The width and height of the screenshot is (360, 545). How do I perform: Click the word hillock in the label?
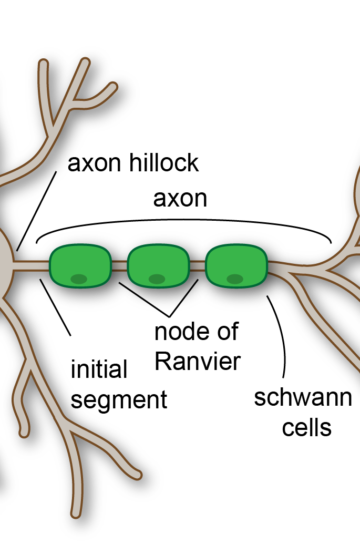click(x=164, y=163)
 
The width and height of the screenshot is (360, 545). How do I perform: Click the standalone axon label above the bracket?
click(x=180, y=199)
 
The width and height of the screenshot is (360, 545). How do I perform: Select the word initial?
click(x=99, y=369)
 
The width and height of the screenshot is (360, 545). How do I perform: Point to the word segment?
click(x=119, y=399)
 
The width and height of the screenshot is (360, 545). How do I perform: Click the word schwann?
click(x=303, y=397)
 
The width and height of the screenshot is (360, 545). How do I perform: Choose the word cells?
click(x=307, y=427)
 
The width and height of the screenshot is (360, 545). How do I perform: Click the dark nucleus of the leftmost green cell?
click(x=79, y=279)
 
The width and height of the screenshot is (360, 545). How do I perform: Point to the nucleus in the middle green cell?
click(x=157, y=279)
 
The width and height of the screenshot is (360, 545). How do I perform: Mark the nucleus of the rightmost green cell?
click(x=235, y=279)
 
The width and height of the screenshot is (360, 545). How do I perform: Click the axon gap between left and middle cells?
click(x=120, y=266)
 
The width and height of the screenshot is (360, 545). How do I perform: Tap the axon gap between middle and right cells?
click(x=197, y=266)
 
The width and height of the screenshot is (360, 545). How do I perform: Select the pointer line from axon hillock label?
click(x=37, y=210)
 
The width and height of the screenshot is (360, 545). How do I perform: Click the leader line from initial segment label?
click(x=55, y=306)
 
